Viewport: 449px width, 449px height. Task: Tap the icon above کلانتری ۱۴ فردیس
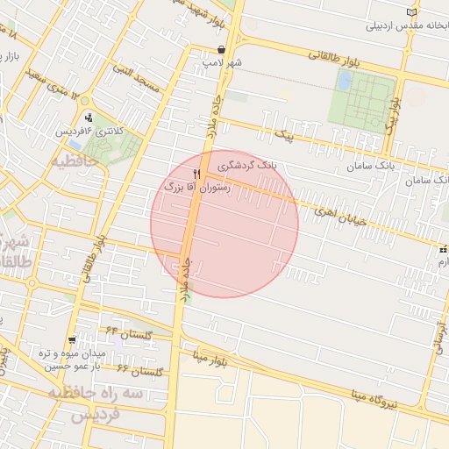pos(89,118)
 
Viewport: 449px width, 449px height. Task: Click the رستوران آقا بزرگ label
pos(196,187)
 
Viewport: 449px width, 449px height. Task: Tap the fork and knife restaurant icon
pos(197,173)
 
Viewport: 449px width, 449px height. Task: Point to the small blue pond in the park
pos(345,81)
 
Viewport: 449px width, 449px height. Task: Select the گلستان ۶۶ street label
pos(140,371)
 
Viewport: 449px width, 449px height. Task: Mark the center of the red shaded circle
pos(224,224)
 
